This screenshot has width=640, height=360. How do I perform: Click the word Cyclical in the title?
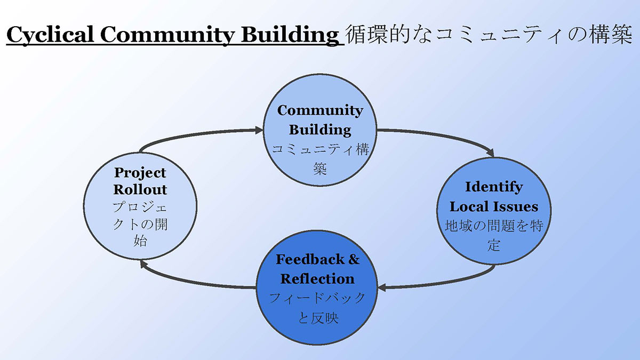pos(50,35)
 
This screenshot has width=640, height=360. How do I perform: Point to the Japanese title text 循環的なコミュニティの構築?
pos(489,35)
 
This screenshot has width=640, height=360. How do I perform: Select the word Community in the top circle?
pos(320,110)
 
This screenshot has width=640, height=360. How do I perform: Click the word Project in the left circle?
pos(140,173)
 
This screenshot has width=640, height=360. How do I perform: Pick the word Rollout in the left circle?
pos(140,189)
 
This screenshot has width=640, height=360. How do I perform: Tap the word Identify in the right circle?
pos(494,187)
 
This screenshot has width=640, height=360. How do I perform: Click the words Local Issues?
pos(494,207)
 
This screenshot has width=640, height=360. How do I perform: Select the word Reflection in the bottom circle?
pos(317,279)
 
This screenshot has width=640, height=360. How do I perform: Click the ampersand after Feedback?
pos(354,259)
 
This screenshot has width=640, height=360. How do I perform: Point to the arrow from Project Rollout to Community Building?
pos(200,134)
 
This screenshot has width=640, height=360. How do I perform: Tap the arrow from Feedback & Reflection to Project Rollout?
pos(194,282)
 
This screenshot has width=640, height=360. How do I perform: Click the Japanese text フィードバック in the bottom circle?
pos(317,298)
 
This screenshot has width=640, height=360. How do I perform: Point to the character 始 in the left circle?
pos(140,241)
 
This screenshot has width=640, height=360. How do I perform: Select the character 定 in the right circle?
pos(494,245)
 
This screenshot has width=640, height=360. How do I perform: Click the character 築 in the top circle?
pos(320,169)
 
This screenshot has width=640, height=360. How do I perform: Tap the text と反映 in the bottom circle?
pos(318,317)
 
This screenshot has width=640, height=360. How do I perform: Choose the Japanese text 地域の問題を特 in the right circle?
pos(494,226)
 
